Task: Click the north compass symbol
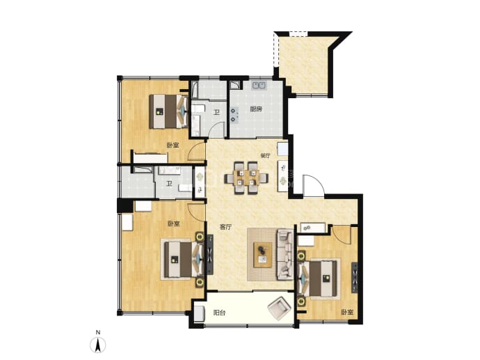pos(97,345)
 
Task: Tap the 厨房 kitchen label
pos(256,109)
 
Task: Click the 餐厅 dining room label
pos(266,156)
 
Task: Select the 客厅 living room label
pos(226,227)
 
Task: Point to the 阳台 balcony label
pos(220,313)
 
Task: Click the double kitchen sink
pos(259,85)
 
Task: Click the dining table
pos(246,178)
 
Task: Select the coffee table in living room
pos(263,255)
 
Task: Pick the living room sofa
pos(285,255)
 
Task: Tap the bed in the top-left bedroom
pos(169,111)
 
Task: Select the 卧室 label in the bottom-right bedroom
pos(347,313)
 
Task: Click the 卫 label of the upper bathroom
pos(217,112)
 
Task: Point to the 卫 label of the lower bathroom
pos(168,184)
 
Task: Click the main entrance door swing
pos(313,185)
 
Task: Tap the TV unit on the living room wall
pos(210,255)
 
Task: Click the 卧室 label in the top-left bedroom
pos(173,146)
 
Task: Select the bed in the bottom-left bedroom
pos(183,260)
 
